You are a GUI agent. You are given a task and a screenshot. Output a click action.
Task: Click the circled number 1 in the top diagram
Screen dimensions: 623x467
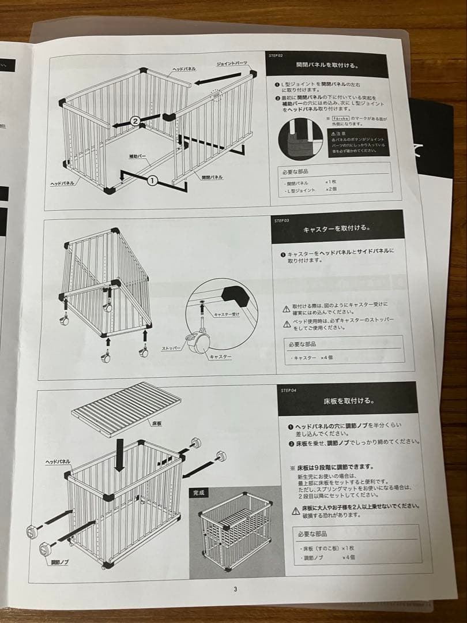coord(152,181)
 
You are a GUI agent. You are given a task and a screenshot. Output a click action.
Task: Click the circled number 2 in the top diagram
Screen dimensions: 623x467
coord(135,121)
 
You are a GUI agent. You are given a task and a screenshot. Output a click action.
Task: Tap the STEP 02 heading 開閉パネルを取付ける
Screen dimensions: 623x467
coord(330,66)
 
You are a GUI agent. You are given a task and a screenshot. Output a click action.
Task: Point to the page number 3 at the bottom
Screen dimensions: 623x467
coord(235,589)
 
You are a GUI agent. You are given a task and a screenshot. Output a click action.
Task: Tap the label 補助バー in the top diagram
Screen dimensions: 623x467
coord(136,156)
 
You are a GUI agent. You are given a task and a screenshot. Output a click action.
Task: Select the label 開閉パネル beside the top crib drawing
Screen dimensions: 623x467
coord(212,177)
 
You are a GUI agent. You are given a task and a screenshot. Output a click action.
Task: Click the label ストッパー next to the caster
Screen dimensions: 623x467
coord(171,348)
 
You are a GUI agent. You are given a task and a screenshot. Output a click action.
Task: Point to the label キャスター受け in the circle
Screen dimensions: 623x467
coord(226,314)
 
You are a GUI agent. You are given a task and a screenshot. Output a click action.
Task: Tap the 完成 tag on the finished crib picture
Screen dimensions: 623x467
coord(197,494)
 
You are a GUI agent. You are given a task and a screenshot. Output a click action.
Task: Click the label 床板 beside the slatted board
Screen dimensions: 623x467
coord(156,423)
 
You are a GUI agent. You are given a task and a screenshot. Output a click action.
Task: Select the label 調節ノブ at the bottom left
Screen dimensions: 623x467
coord(60,561)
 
